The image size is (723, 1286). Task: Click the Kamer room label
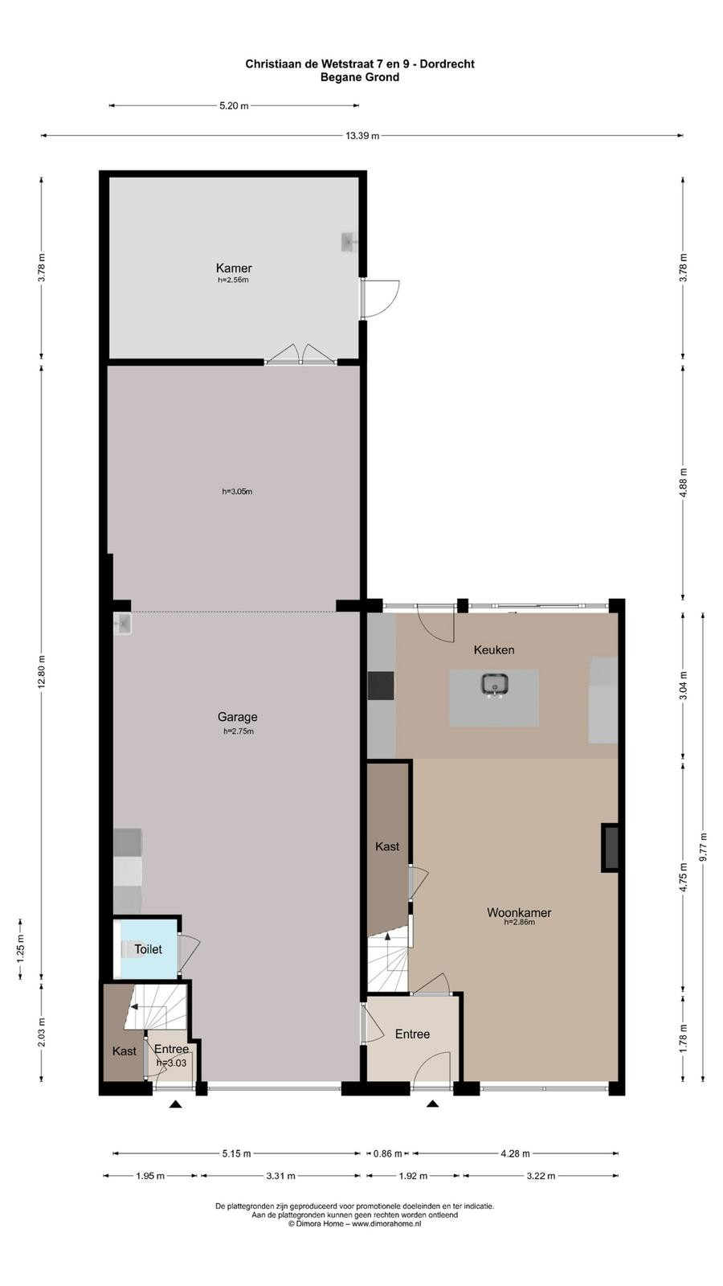tap(234, 268)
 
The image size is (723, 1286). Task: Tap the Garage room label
tap(237, 716)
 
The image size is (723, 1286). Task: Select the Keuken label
tap(493, 650)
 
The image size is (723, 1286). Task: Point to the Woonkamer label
tap(519, 912)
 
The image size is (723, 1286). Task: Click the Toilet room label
tap(148, 949)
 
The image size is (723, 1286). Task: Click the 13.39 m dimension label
tap(362, 136)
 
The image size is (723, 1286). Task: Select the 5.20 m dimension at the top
tap(234, 105)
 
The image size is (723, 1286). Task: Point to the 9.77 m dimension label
tap(703, 846)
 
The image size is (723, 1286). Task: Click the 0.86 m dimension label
tap(388, 1153)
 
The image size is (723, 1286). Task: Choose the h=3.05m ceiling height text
tap(237, 491)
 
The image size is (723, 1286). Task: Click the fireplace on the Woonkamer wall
tap(611, 848)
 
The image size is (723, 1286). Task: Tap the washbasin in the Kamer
tap(349, 242)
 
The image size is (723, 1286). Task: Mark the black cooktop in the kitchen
tap(381, 686)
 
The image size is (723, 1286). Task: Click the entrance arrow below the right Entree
tap(432, 1103)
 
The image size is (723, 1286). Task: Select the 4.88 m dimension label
tap(683, 483)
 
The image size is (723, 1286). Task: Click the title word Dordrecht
tap(447, 64)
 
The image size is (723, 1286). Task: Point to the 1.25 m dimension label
tap(21, 949)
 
